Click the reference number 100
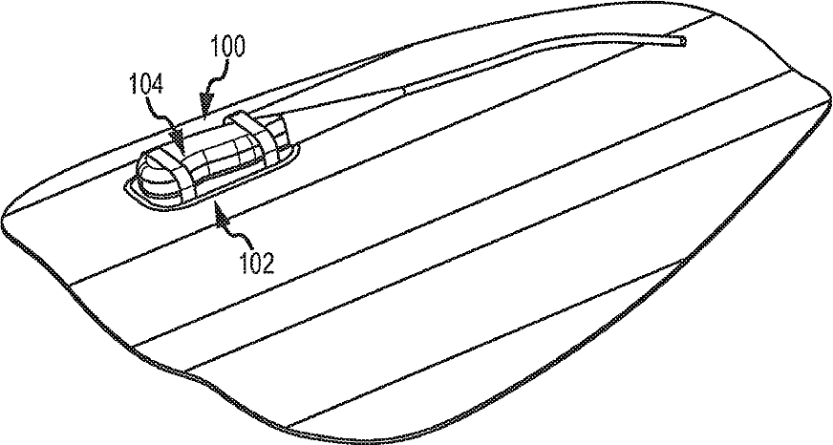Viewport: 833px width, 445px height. [x=225, y=45]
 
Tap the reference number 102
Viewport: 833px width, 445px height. [x=258, y=261]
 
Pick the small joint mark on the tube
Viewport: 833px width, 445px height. [x=405, y=91]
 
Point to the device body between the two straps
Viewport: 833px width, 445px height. [x=213, y=150]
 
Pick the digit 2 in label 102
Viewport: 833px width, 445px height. [x=270, y=261]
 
